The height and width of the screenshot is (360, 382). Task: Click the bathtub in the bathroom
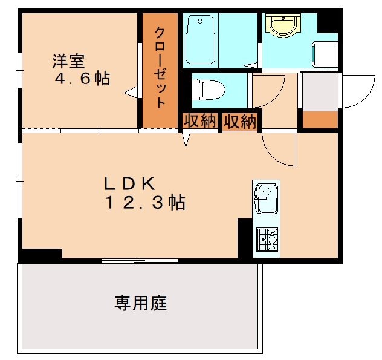200,40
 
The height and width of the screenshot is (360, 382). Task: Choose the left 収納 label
199,121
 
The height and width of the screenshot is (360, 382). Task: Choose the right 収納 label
240,121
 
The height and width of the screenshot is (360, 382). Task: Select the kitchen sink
265,198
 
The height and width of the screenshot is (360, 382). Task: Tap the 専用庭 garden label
141,303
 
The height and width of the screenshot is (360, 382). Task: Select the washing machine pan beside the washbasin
325,53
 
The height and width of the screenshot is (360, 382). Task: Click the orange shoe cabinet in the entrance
320,120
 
